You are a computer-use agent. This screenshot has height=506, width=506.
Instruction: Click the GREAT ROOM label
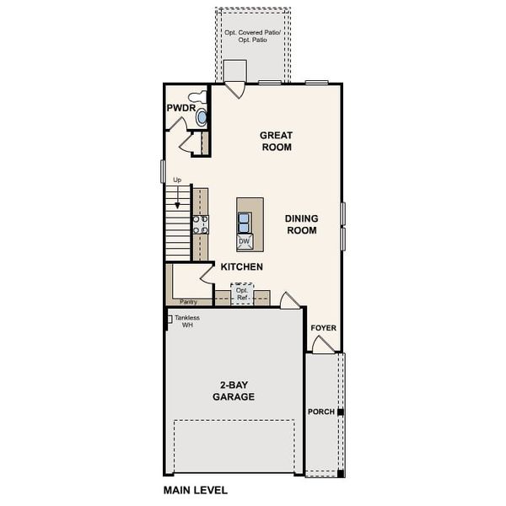(276, 141)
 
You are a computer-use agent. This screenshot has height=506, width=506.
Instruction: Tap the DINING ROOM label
(301, 223)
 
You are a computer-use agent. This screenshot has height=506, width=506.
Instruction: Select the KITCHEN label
(242, 266)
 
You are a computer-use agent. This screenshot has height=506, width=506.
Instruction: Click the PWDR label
(180, 109)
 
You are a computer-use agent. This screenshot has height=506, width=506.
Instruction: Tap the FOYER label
(323, 327)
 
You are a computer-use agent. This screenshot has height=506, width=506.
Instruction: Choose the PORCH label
(320, 412)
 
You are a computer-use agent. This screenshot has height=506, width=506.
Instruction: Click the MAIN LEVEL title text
(195, 489)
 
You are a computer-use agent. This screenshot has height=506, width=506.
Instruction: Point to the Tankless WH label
(188, 321)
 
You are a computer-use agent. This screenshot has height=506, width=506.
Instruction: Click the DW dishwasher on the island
(245, 242)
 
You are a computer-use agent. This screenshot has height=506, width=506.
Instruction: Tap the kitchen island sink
(244, 222)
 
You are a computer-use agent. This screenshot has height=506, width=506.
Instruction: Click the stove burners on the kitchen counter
(201, 223)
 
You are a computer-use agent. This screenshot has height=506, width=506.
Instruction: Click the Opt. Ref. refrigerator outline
(242, 294)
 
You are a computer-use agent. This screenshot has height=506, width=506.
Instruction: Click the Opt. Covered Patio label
(253, 36)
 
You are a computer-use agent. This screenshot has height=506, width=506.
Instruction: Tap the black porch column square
(341, 412)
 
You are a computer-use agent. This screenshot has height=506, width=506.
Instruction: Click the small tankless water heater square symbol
(169, 319)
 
